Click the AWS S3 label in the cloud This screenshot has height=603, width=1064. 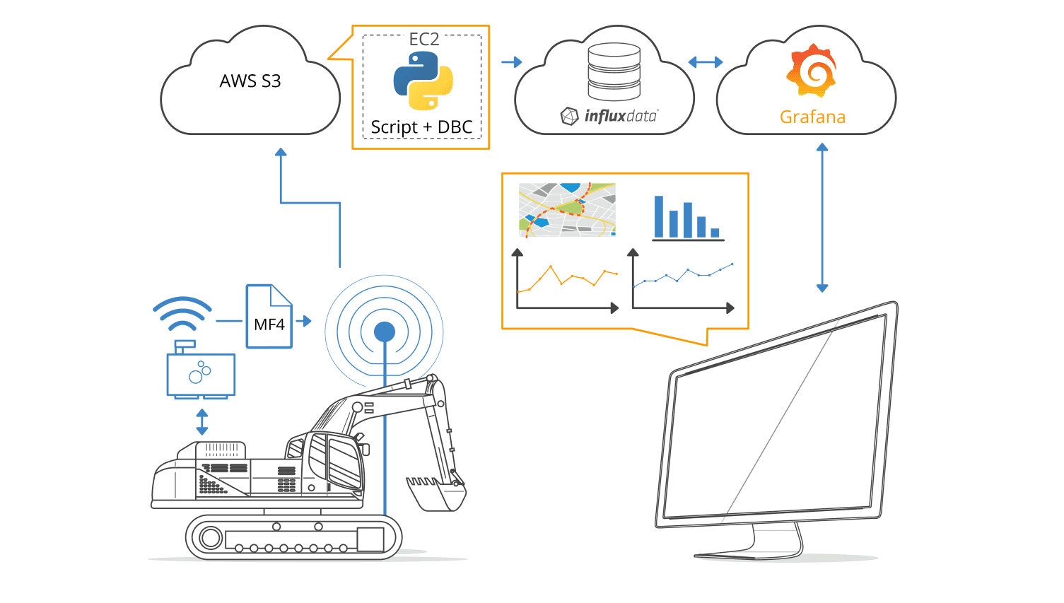click(x=250, y=81)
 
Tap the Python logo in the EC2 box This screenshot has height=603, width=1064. click(x=423, y=81)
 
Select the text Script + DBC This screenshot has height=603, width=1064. click(x=421, y=127)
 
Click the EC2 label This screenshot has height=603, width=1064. click(x=424, y=40)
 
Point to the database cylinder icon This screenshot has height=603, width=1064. click(x=614, y=71)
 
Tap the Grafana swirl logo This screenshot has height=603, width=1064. click(x=812, y=71)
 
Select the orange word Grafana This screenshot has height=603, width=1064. click(x=812, y=117)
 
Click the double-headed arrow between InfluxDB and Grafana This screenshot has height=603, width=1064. click(x=706, y=62)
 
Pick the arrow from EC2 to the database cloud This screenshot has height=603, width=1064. click(x=512, y=62)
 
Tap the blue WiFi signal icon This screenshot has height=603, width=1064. click(x=182, y=314)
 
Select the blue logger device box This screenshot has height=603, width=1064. click(x=201, y=374)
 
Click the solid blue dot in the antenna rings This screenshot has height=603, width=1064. click(x=385, y=331)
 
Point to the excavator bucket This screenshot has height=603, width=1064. click(x=436, y=492)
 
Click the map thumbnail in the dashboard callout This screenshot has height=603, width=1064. click(x=567, y=209)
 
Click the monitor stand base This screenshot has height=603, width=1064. click(x=749, y=552)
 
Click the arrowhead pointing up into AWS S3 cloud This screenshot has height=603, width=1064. click(x=281, y=152)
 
